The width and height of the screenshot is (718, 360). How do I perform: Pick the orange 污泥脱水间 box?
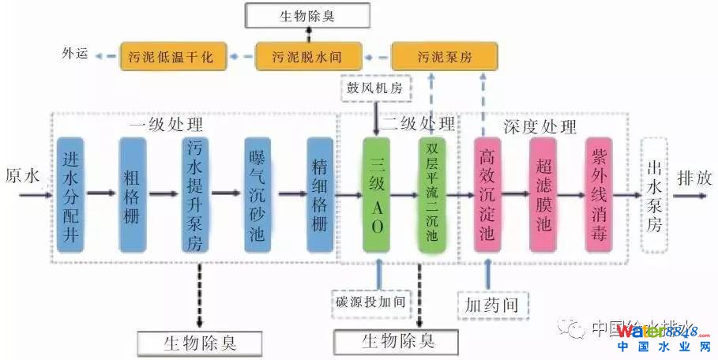point(309,57)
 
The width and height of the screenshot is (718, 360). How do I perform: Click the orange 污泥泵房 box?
point(445,57)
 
